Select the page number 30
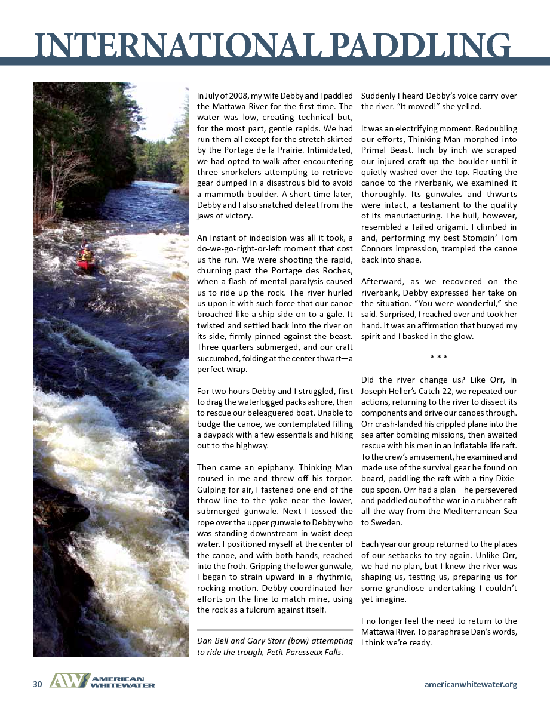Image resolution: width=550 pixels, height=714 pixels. [37, 684]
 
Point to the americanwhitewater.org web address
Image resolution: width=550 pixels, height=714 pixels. [471, 684]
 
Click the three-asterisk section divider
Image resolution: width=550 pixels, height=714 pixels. [439, 358]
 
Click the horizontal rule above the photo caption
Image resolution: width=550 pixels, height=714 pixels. [275, 630]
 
